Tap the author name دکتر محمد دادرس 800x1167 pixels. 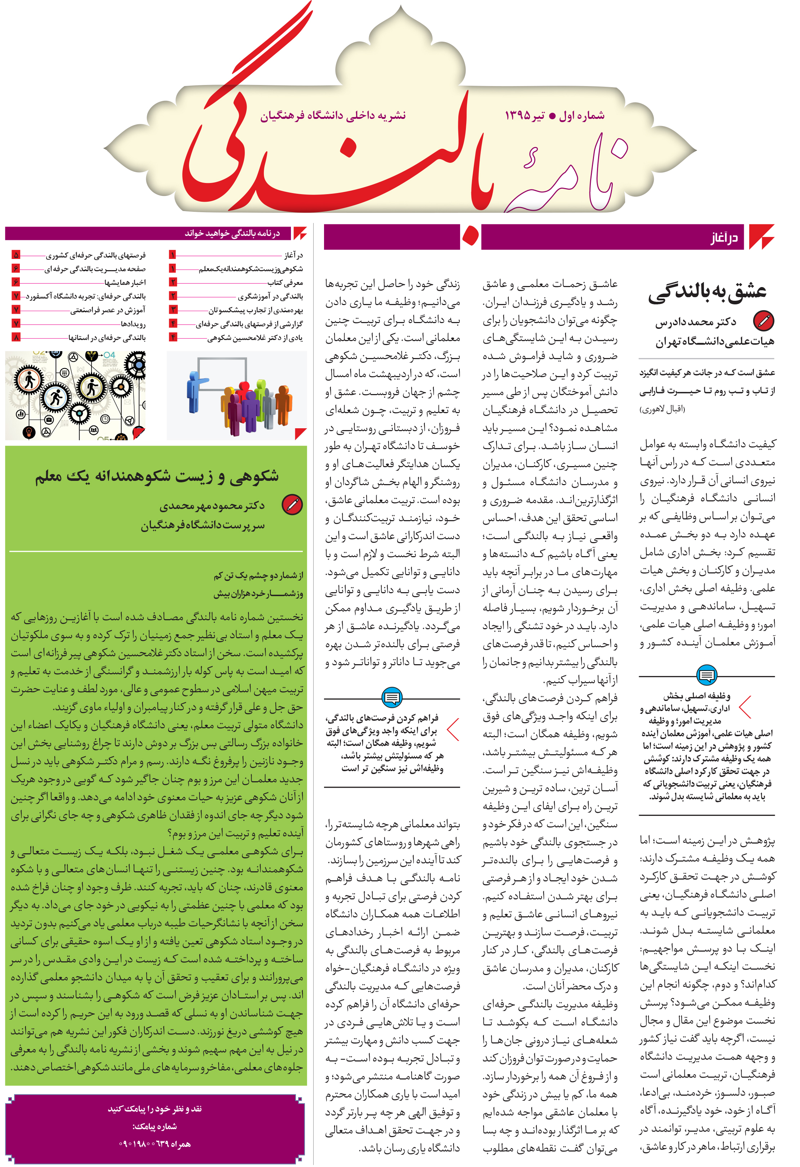coord(695,322)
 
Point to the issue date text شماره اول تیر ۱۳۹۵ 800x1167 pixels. coord(554,116)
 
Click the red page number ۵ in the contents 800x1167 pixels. coord(16,255)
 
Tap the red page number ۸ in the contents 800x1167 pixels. coord(16,337)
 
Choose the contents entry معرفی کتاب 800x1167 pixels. coord(284,283)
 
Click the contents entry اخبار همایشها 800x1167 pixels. coord(125,283)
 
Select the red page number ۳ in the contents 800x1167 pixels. coord(173,310)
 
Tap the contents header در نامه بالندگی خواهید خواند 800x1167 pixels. coord(232,233)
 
